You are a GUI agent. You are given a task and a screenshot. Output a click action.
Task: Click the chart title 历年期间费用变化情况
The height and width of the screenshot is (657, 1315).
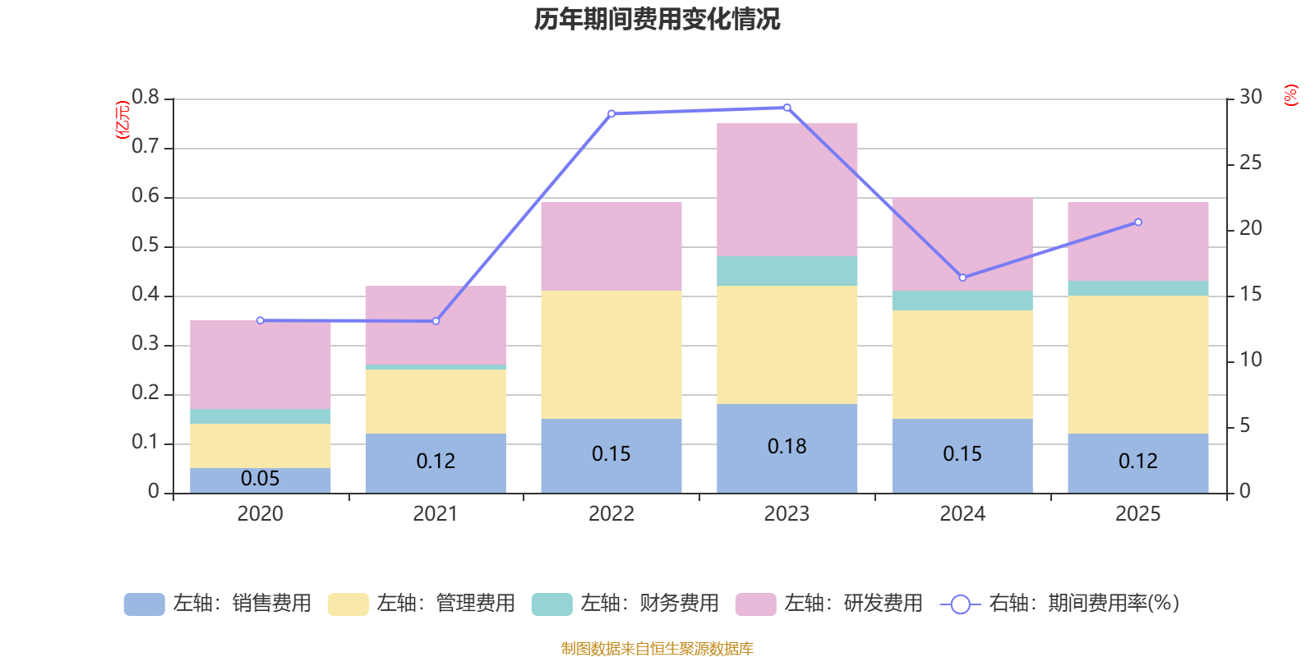(x=657, y=19)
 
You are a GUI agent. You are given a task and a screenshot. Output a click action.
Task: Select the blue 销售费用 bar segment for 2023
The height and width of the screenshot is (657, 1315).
(x=787, y=468)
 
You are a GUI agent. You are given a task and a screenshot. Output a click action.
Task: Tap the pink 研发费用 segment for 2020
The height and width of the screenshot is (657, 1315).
(x=260, y=365)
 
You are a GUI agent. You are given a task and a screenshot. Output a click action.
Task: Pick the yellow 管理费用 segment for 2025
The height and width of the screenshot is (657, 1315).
(x=1137, y=364)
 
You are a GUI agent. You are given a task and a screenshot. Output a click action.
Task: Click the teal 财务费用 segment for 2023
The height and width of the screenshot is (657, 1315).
(x=787, y=271)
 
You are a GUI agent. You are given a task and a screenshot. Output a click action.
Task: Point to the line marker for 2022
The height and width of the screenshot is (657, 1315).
(x=611, y=113)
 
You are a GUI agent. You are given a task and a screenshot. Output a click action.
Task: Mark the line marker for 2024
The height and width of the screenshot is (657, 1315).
(x=962, y=278)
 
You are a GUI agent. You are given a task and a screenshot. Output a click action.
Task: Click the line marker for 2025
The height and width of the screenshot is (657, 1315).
(x=1138, y=222)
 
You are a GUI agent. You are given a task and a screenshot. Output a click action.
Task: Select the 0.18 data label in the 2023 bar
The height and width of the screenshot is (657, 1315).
(x=787, y=446)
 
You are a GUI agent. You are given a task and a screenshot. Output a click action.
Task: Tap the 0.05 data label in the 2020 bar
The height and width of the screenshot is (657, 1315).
(x=260, y=478)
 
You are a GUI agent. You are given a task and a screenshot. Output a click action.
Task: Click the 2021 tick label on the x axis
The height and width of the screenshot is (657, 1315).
(x=435, y=514)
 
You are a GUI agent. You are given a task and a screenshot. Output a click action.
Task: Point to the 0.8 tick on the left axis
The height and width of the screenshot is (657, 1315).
(x=145, y=98)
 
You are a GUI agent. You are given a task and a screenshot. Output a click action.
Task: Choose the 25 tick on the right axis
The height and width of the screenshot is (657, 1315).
(x=1250, y=163)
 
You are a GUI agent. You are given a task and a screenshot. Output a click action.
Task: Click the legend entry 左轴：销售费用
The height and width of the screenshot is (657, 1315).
(x=218, y=604)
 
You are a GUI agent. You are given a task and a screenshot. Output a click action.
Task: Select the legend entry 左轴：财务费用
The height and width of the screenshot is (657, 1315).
(x=625, y=604)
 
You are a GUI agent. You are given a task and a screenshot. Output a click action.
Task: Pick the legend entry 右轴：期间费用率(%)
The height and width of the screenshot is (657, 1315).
(x=1060, y=604)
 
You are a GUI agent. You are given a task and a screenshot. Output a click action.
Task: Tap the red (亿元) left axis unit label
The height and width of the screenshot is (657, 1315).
(x=122, y=120)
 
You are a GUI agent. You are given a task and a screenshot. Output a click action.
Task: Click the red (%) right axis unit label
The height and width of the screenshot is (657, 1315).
(x=1290, y=95)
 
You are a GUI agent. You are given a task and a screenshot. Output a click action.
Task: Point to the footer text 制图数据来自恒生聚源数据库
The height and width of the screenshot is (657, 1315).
(x=657, y=649)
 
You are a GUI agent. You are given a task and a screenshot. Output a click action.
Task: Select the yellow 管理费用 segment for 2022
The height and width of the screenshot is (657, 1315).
(x=611, y=355)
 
